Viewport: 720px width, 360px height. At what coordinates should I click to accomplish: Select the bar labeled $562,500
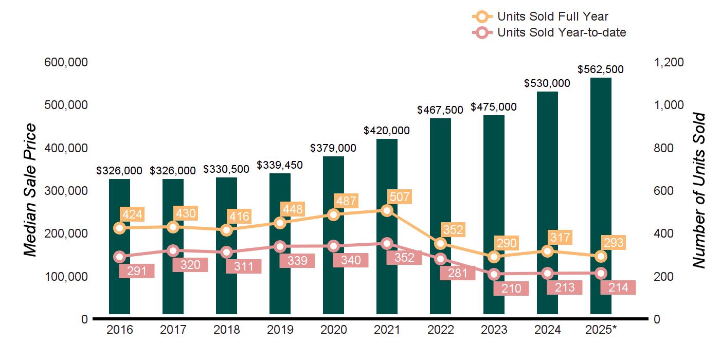click(601, 195)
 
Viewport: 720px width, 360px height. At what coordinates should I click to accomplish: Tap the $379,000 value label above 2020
click(333, 148)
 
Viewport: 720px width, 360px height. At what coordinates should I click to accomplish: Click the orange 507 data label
click(400, 197)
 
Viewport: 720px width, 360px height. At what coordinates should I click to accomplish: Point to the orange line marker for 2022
click(440, 244)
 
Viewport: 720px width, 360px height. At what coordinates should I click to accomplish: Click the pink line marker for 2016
click(119, 257)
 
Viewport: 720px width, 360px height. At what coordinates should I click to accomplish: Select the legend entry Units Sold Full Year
click(553, 16)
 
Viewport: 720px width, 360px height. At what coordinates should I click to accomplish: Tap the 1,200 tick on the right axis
click(669, 62)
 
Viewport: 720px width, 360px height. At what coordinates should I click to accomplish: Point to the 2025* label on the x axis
click(601, 330)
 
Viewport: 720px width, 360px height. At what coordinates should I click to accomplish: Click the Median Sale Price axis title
click(31, 190)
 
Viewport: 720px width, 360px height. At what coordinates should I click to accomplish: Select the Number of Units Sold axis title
click(698, 190)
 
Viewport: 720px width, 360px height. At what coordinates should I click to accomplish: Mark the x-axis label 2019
click(280, 330)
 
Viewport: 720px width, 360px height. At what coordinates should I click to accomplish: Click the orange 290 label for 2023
click(507, 243)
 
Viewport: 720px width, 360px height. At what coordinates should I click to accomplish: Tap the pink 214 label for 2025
click(618, 287)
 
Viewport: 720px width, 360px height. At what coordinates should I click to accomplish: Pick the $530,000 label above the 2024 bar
click(547, 83)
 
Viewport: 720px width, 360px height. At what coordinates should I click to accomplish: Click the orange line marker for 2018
click(226, 230)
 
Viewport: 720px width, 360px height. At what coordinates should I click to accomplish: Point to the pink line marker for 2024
click(547, 274)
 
